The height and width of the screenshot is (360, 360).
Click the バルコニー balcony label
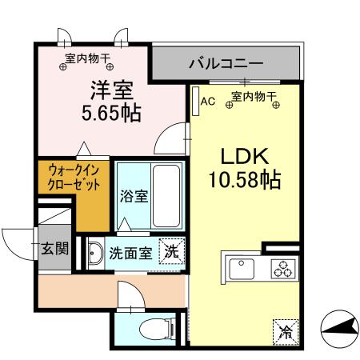pos(226,62)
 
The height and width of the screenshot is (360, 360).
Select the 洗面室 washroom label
pos(130,253)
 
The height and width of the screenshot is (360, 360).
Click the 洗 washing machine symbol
pos(170,250)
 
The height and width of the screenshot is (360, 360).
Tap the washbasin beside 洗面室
pos(95,251)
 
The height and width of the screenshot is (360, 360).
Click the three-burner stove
pos(283,268)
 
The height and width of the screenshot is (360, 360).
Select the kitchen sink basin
pos(240,268)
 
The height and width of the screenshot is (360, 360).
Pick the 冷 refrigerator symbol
pos(284,330)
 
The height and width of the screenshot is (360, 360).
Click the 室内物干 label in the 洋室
pos(87,58)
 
